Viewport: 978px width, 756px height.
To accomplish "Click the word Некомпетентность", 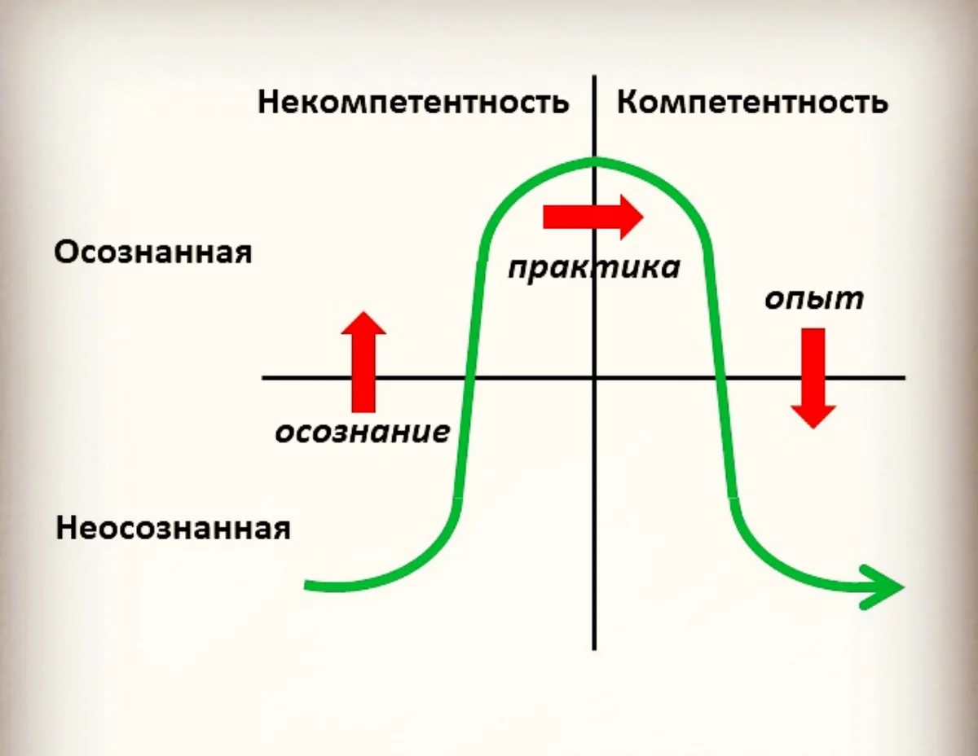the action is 413,103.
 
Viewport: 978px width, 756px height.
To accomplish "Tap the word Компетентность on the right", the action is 752,103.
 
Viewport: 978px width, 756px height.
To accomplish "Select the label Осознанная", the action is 153,253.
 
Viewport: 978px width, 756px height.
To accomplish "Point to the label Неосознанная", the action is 174,529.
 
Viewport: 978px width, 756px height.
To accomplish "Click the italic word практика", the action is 594,267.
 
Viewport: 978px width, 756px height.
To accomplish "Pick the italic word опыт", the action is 814,298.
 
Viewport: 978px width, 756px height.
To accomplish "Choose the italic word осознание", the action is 362,431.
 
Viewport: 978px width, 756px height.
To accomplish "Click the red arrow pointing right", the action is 593,217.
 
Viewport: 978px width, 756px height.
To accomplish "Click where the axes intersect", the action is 595,378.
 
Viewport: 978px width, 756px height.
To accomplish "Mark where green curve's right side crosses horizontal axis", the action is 720,378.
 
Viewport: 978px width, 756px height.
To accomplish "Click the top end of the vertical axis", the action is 595,77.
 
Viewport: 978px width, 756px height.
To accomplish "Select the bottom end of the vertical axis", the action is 595,649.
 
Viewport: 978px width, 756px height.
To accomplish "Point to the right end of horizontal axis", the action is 904,378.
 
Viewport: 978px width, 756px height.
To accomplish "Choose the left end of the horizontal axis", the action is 263,378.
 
